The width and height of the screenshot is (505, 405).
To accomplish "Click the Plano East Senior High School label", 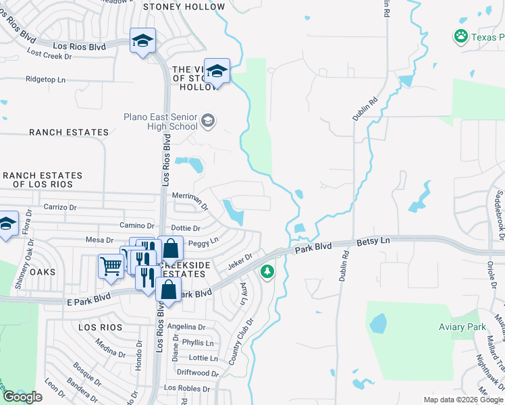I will coord(160,122).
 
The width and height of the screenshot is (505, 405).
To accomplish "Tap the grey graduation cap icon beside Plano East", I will coord(208,122).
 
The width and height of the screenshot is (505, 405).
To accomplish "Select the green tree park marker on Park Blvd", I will coord(268,271).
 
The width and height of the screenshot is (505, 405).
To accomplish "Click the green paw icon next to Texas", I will coord(461,36).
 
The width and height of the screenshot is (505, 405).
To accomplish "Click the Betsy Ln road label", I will coord(373,241).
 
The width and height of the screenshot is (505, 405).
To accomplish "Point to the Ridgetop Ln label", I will coord(45,79).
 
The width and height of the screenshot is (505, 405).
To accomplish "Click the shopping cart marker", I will coord(110,265).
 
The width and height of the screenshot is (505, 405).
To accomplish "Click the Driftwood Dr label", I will coord(197,373).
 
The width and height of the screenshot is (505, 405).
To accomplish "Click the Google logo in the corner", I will coord(22,397).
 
